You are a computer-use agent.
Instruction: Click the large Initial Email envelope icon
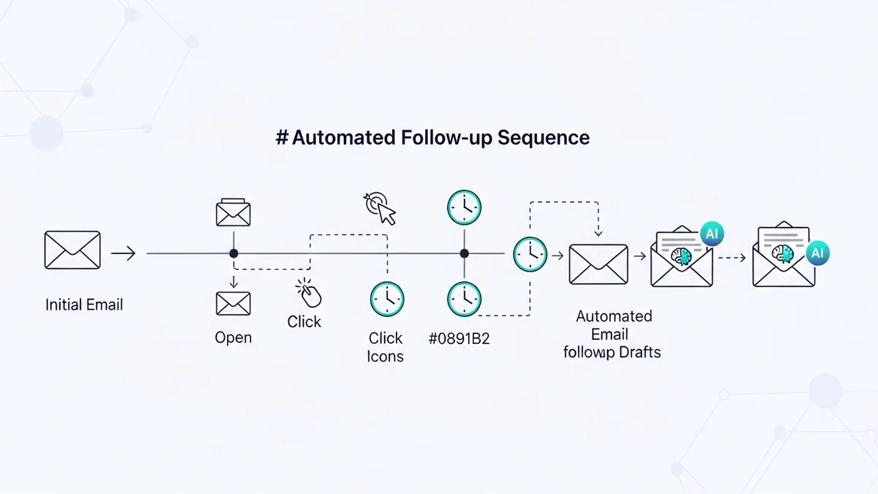(72, 250)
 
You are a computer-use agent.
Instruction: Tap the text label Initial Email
(84, 304)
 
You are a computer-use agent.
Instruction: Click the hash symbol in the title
(282, 138)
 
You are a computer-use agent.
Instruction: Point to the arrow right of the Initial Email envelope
(124, 254)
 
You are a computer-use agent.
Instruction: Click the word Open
(233, 337)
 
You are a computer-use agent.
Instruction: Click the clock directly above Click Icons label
(386, 300)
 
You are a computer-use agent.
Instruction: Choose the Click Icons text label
(386, 347)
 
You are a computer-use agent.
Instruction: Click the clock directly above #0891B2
(465, 300)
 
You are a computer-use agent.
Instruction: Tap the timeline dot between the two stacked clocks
(464, 253)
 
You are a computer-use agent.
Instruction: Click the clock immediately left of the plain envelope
(530, 255)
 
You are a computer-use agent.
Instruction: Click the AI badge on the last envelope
(818, 253)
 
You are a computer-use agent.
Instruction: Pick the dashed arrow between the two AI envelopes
(732, 256)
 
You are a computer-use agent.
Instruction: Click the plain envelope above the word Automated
(598, 263)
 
